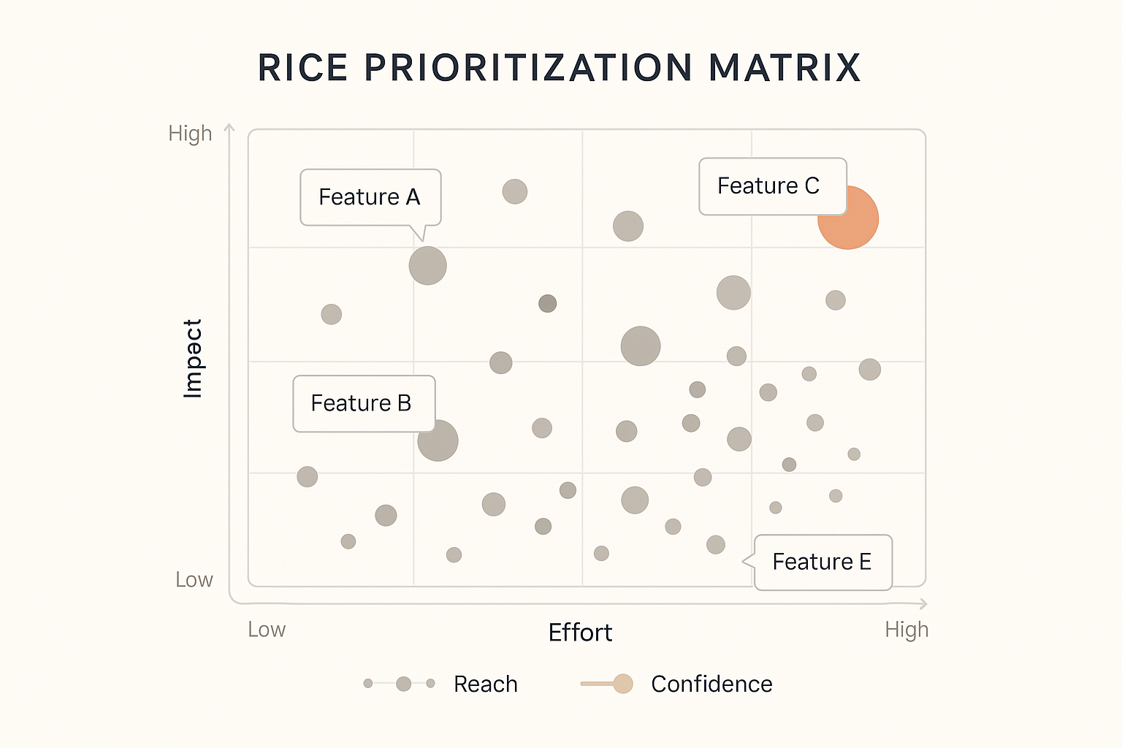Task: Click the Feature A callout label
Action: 370,197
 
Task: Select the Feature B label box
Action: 363,403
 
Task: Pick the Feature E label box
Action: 823,562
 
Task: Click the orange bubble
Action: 849,219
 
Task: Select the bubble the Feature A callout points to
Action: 427,265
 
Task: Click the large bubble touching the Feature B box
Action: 438,440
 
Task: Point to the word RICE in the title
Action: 302,68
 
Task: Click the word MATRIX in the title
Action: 785,68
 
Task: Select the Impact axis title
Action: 192,358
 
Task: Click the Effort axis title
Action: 580,633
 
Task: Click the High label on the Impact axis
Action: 190,134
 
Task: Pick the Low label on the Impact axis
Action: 194,580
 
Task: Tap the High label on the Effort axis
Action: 907,630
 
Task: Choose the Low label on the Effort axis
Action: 267,630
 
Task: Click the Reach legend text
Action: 485,684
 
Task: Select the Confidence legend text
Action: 711,684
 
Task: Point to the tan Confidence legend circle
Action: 623,684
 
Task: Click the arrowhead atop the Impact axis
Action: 229,128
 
